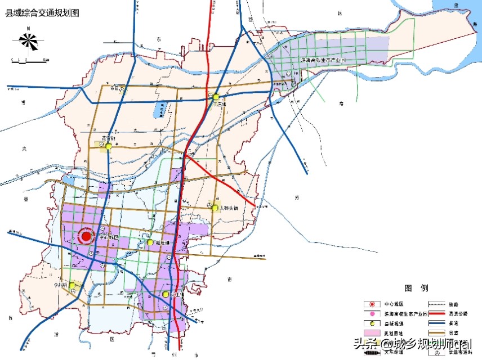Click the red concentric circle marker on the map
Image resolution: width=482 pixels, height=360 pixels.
click(x=86, y=237)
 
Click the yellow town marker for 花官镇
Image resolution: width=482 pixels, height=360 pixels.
click(x=108, y=146)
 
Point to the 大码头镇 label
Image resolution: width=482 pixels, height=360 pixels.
click(x=229, y=208)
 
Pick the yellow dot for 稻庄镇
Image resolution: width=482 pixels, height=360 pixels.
click(x=150, y=242)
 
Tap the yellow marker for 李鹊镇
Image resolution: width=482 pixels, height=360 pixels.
click(x=72, y=286)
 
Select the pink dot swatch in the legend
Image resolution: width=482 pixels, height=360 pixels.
click(x=372, y=313)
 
